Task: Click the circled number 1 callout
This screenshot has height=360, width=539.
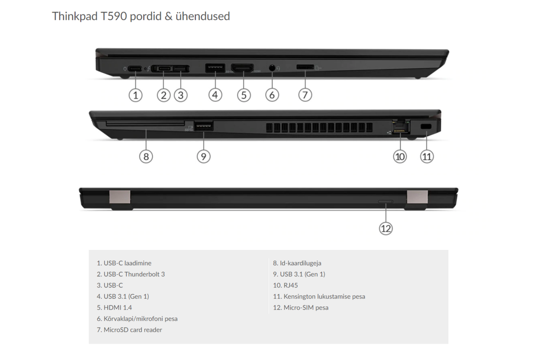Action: tap(136, 95)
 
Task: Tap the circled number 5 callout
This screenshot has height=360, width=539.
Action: tap(244, 95)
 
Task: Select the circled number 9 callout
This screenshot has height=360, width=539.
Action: tap(203, 156)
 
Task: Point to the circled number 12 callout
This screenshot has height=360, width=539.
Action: tap(386, 228)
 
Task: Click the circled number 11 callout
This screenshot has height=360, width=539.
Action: tap(427, 156)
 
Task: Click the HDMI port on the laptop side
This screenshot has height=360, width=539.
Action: tap(242, 68)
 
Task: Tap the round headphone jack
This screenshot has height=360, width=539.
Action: tap(272, 68)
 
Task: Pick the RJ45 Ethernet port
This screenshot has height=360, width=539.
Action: tap(401, 127)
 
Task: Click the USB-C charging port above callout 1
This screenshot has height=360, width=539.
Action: tap(135, 69)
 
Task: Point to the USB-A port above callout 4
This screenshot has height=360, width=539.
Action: tap(215, 68)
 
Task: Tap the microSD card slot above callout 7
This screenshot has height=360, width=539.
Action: tap(305, 67)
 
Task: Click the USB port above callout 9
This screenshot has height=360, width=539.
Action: tap(203, 126)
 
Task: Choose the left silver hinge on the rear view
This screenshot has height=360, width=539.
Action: tap(120, 197)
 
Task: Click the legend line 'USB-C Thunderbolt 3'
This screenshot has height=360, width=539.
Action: tap(131, 274)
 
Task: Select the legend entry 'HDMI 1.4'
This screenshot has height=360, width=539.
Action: tap(114, 307)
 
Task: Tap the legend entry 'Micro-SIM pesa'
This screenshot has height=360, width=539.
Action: tap(300, 307)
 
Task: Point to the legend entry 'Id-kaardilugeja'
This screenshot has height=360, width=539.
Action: tap(297, 263)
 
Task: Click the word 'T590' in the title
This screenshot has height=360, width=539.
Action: tap(114, 16)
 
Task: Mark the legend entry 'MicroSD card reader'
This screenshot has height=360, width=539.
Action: tap(129, 330)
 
